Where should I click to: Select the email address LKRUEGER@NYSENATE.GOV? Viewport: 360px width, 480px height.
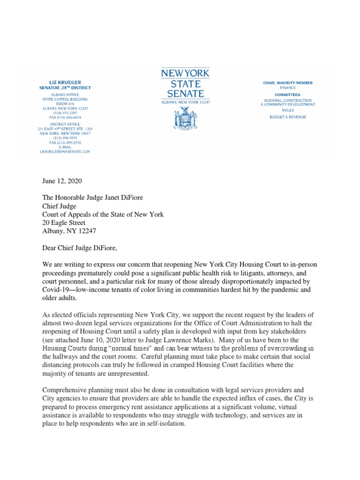[64, 152]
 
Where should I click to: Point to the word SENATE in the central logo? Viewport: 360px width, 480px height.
[185, 94]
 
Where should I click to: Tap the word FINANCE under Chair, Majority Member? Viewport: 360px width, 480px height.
[288, 88]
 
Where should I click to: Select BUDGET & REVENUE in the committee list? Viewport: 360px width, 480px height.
[288, 117]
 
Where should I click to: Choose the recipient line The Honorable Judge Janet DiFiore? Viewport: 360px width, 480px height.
[95, 197]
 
